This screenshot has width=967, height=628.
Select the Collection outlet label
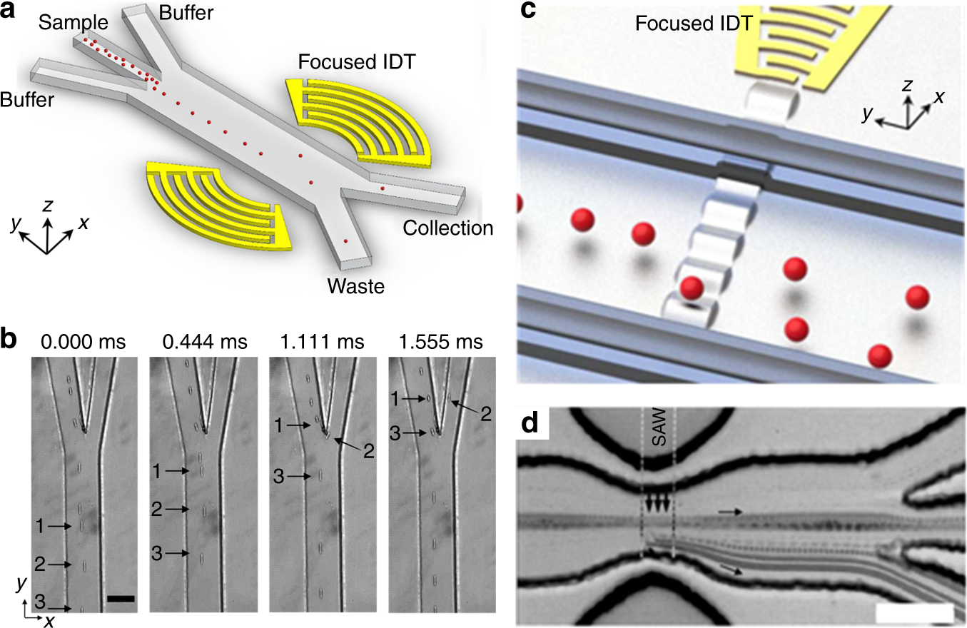(x=448, y=228)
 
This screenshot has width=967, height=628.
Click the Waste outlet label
(x=356, y=287)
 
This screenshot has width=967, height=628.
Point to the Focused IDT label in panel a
(x=358, y=61)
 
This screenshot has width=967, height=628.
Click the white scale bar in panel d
(x=913, y=613)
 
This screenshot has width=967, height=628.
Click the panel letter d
(x=531, y=424)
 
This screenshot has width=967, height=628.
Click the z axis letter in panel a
(x=48, y=207)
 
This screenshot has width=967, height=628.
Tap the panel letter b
(x=11, y=340)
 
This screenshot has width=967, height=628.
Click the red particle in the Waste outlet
(x=347, y=242)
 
